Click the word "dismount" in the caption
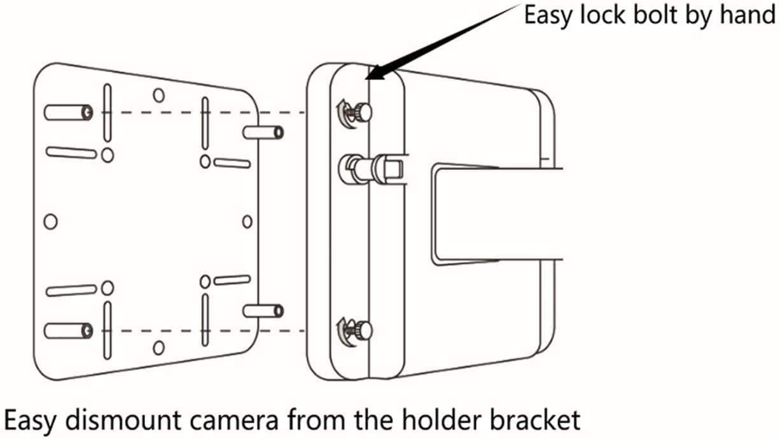tap(123, 420)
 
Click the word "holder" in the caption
tap(442, 420)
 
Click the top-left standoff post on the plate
tap(68, 113)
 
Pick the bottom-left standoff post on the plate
tap(68, 330)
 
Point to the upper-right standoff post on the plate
tap(263, 132)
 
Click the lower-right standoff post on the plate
tap(263, 311)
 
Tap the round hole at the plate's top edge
tap(159, 95)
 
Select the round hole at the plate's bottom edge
tap(159, 347)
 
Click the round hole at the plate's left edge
tap(50, 221)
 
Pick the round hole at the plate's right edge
tap(247, 221)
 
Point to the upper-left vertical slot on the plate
tap(108, 113)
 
